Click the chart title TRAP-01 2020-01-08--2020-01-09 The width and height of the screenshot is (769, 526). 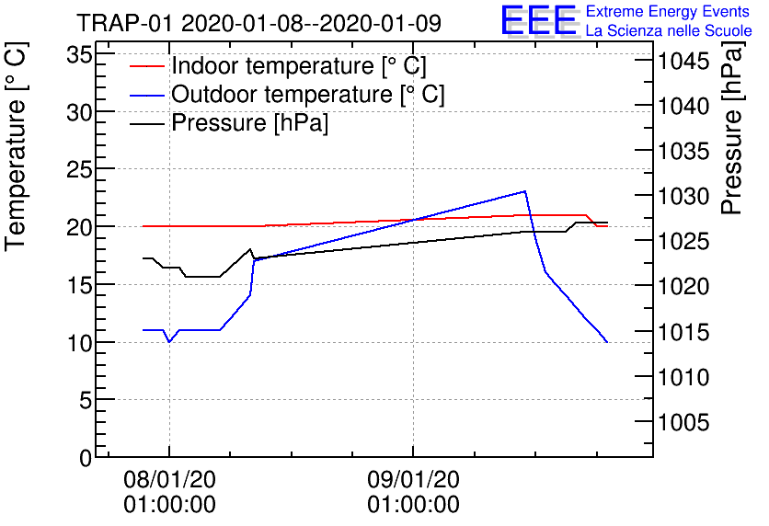pyautogui.click(x=259, y=23)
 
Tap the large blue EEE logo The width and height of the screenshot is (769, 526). pyautogui.click(x=539, y=20)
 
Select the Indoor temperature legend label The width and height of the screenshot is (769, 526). pyautogui.click(x=299, y=65)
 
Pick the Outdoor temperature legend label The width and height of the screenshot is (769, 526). pyautogui.click(x=308, y=94)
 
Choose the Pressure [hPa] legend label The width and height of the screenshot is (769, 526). pyautogui.click(x=249, y=122)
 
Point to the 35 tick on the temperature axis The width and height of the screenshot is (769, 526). pyautogui.click(x=79, y=54)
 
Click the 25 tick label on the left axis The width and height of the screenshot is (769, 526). pyautogui.click(x=79, y=169)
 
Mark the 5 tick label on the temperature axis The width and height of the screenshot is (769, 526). pyautogui.click(x=86, y=401)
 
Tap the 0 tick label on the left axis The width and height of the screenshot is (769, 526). pyautogui.click(x=86, y=458)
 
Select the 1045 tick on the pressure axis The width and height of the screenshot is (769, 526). pyautogui.click(x=683, y=62)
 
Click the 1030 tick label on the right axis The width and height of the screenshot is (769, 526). pyautogui.click(x=683, y=197)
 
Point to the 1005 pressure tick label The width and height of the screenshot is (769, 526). pyautogui.click(x=683, y=422)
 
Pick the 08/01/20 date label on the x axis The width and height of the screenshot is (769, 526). pyautogui.click(x=169, y=479)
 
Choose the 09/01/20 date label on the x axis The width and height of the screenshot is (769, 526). pyautogui.click(x=413, y=479)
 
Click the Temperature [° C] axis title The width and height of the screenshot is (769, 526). pyautogui.click(x=16, y=146)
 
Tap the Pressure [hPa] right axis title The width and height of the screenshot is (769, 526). pyautogui.click(x=733, y=128)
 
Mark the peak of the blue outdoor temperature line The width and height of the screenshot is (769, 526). pyautogui.click(x=524, y=191)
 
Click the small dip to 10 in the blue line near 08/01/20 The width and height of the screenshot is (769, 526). pyautogui.click(x=169, y=341)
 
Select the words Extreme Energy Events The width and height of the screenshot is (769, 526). pyautogui.click(x=668, y=11)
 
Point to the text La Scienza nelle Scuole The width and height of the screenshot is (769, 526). pyautogui.click(x=669, y=30)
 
